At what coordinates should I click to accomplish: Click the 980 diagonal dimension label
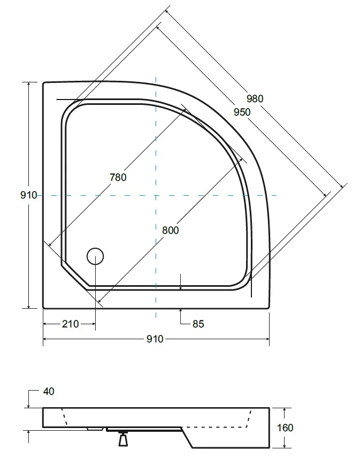point(255,99)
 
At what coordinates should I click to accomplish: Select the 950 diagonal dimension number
point(242,112)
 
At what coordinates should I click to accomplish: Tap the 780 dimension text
point(118,177)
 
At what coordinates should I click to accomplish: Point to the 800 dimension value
point(170,230)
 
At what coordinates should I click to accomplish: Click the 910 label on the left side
point(28,195)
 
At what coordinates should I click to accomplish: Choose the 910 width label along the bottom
point(155,339)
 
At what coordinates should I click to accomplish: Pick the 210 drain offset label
point(71,324)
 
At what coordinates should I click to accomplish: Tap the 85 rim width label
point(198,324)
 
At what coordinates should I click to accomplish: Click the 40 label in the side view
point(49,392)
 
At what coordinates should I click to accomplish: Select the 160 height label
point(285,428)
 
